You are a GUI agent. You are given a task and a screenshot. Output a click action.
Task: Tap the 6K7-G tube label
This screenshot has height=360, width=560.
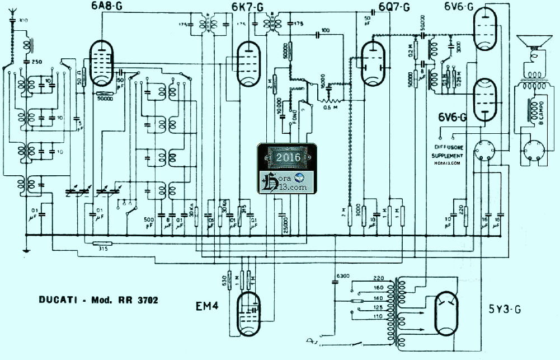click(247, 7)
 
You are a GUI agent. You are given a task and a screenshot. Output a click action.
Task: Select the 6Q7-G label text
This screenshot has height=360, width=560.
click(394, 7)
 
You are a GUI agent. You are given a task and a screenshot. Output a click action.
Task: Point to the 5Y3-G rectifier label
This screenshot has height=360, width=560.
click(504, 308)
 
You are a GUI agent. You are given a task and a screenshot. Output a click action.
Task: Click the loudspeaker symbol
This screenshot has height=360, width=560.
click(532, 48)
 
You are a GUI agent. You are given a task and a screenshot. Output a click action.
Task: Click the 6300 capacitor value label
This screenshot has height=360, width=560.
click(341, 275)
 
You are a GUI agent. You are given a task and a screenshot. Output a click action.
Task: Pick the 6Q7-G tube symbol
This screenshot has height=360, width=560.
click(373, 64)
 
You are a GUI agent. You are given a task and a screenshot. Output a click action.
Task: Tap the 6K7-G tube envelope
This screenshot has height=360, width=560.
click(247, 64)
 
